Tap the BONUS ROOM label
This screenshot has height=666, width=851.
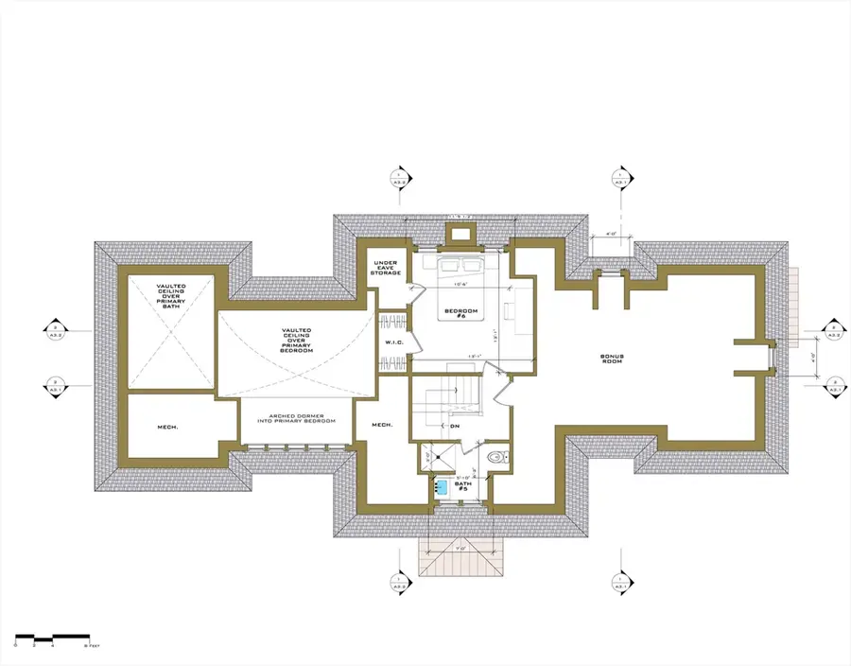pos(616,360)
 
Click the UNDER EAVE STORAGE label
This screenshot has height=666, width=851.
pos(385,268)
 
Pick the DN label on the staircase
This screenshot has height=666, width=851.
pos(455,427)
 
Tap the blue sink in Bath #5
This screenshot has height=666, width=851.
pos(441,487)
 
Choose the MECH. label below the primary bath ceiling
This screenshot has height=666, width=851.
pos(167,428)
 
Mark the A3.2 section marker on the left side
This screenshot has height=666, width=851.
pos(55,331)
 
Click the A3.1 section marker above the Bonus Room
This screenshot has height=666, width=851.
pos(619,177)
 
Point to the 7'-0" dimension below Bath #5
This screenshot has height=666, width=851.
pos(460,547)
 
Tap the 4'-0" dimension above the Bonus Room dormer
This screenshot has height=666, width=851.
pos(611,233)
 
